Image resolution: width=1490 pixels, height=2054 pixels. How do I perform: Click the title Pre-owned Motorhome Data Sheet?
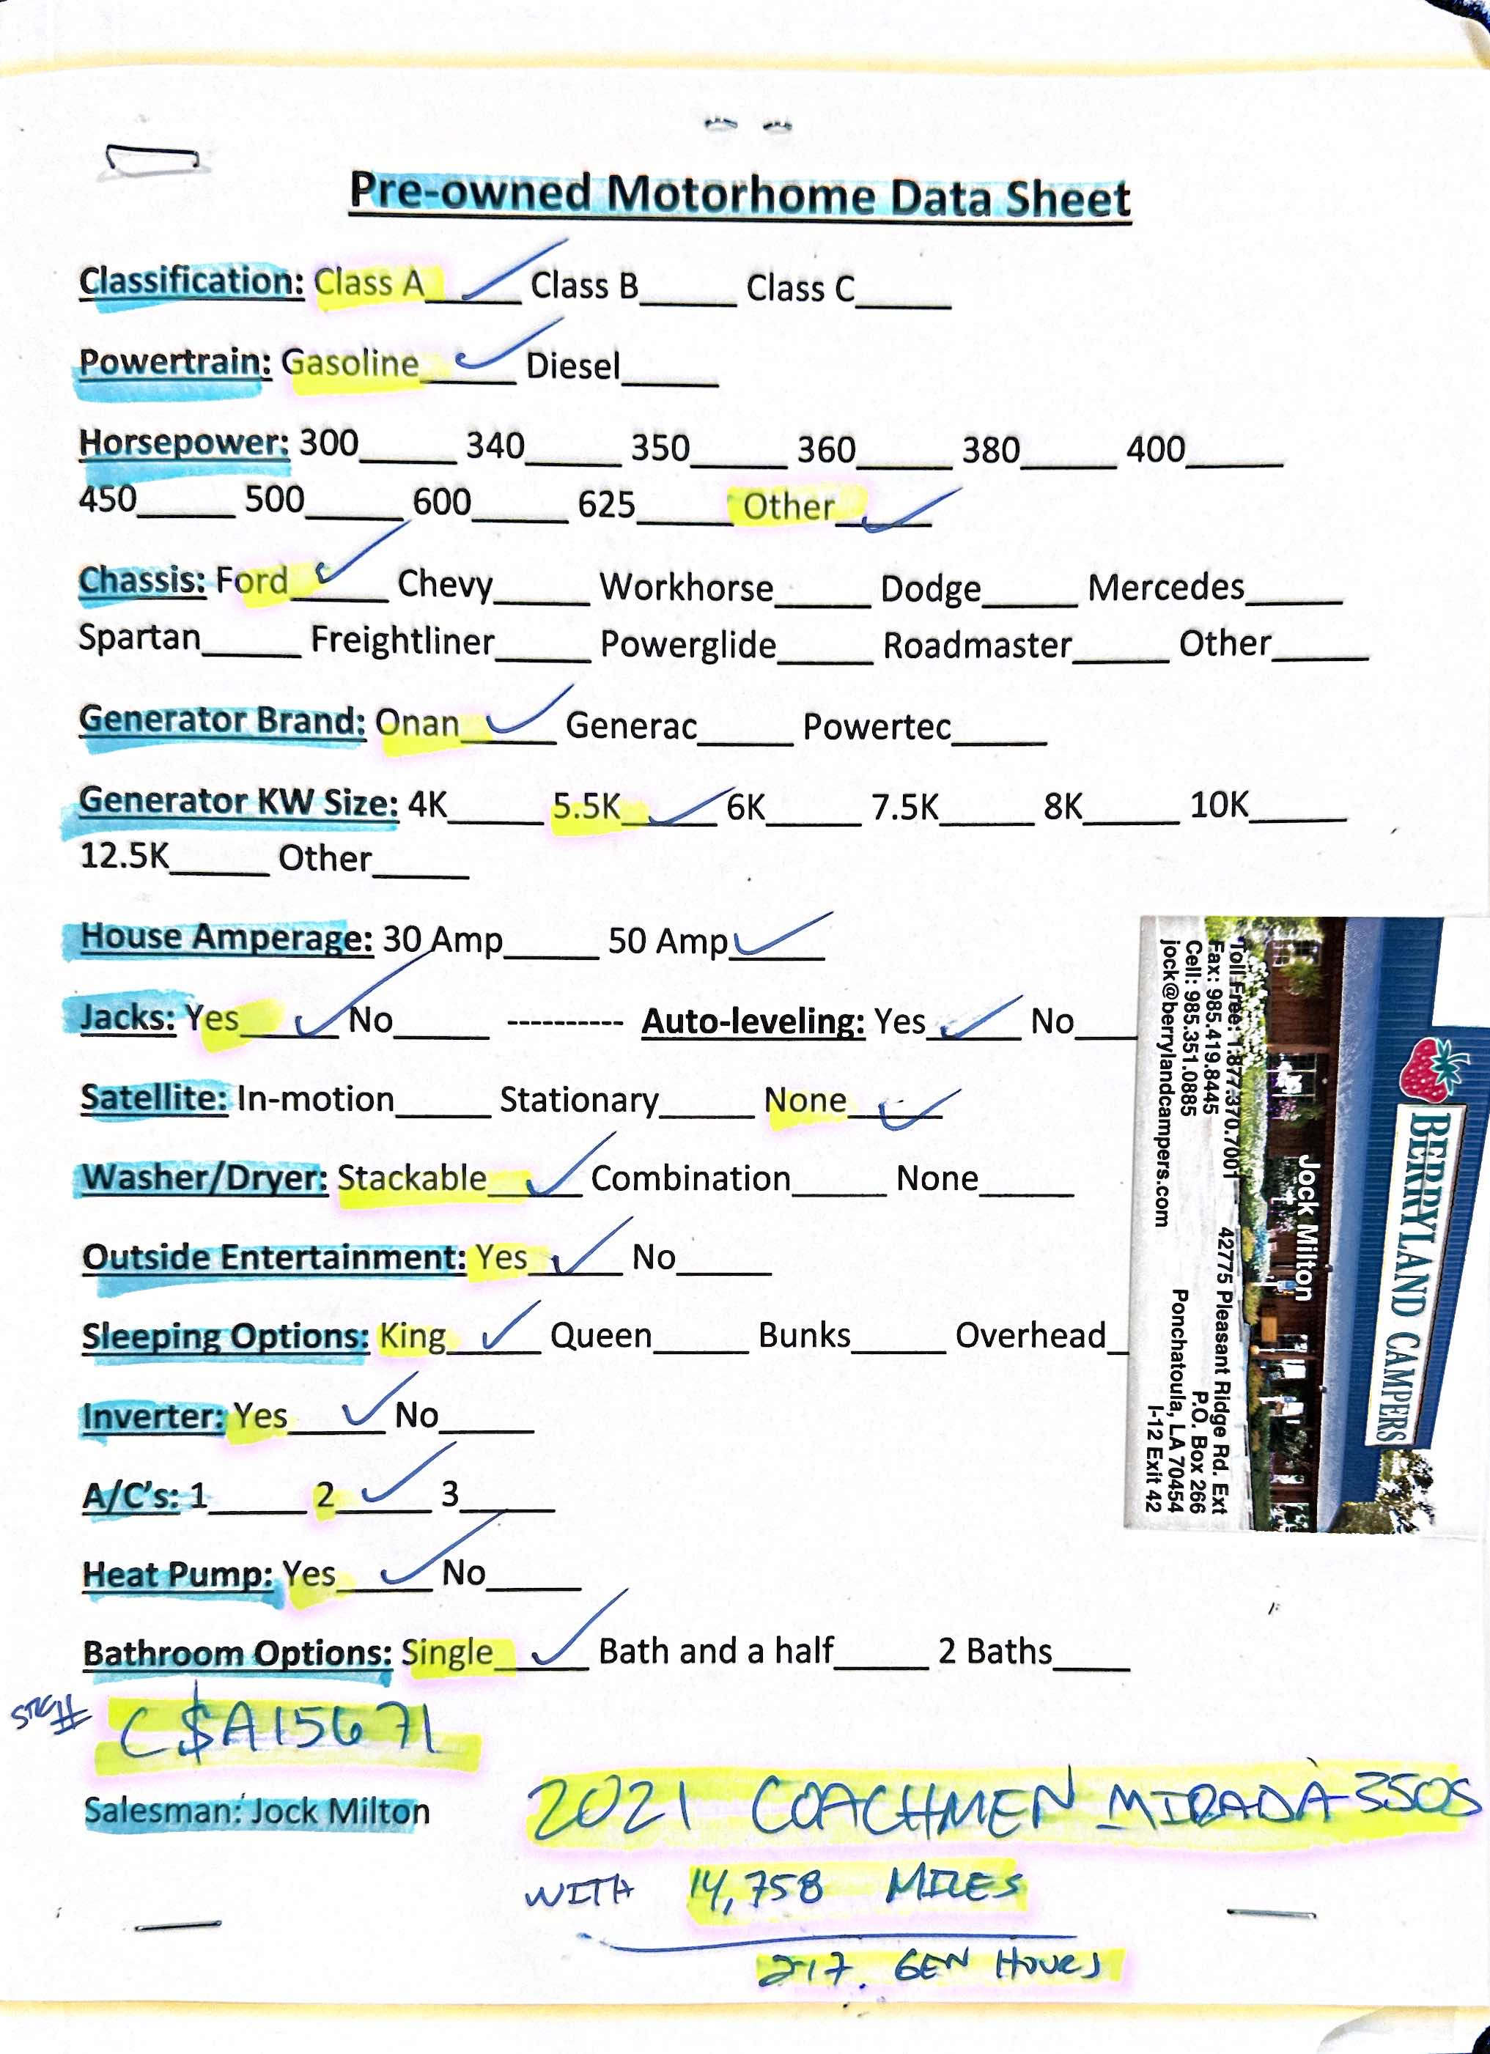(x=740, y=195)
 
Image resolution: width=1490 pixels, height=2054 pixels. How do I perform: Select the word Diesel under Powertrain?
(x=572, y=366)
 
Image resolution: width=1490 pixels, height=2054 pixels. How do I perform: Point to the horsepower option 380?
(x=990, y=449)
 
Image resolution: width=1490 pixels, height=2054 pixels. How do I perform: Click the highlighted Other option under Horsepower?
(x=788, y=506)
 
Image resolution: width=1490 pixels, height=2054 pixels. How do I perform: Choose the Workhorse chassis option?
(x=686, y=587)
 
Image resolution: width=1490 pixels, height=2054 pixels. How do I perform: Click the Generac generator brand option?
(x=630, y=725)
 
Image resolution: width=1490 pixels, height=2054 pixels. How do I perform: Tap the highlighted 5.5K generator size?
(x=586, y=805)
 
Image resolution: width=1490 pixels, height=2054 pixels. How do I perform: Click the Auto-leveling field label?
(x=753, y=1021)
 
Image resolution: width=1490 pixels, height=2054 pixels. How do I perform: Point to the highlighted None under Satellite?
(x=804, y=1101)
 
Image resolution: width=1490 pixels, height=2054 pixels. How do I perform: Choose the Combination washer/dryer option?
(x=690, y=1178)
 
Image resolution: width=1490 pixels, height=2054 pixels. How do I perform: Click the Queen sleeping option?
(x=600, y=1335)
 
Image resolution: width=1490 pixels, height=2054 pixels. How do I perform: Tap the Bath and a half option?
(x=715, y=1651)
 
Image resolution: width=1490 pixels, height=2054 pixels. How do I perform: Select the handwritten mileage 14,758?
(x=757, y=1888)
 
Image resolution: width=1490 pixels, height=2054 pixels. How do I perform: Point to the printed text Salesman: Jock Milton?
(x=257, y=1811)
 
